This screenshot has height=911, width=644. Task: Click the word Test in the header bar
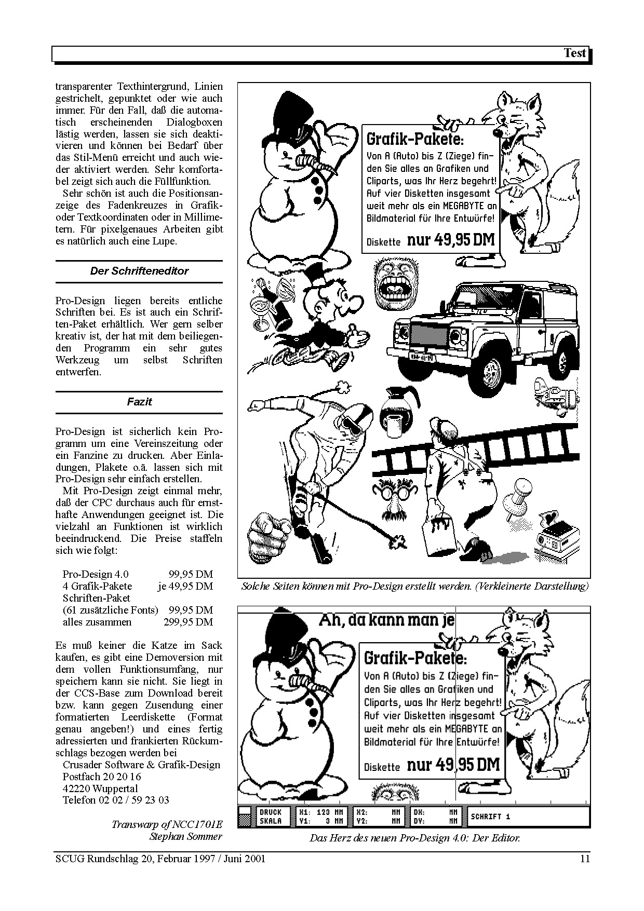click(574, 53)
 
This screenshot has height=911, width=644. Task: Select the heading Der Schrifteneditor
click(139, 271)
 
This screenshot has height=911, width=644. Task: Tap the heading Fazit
click(139, 402)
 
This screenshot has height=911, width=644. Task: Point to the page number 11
click(585, 859)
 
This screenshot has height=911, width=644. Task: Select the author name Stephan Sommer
click(185, 836)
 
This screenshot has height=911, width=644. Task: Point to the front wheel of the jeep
click(489, 371)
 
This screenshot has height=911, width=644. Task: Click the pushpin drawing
click(518, 498)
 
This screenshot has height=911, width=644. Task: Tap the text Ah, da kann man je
click(386, 620)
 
